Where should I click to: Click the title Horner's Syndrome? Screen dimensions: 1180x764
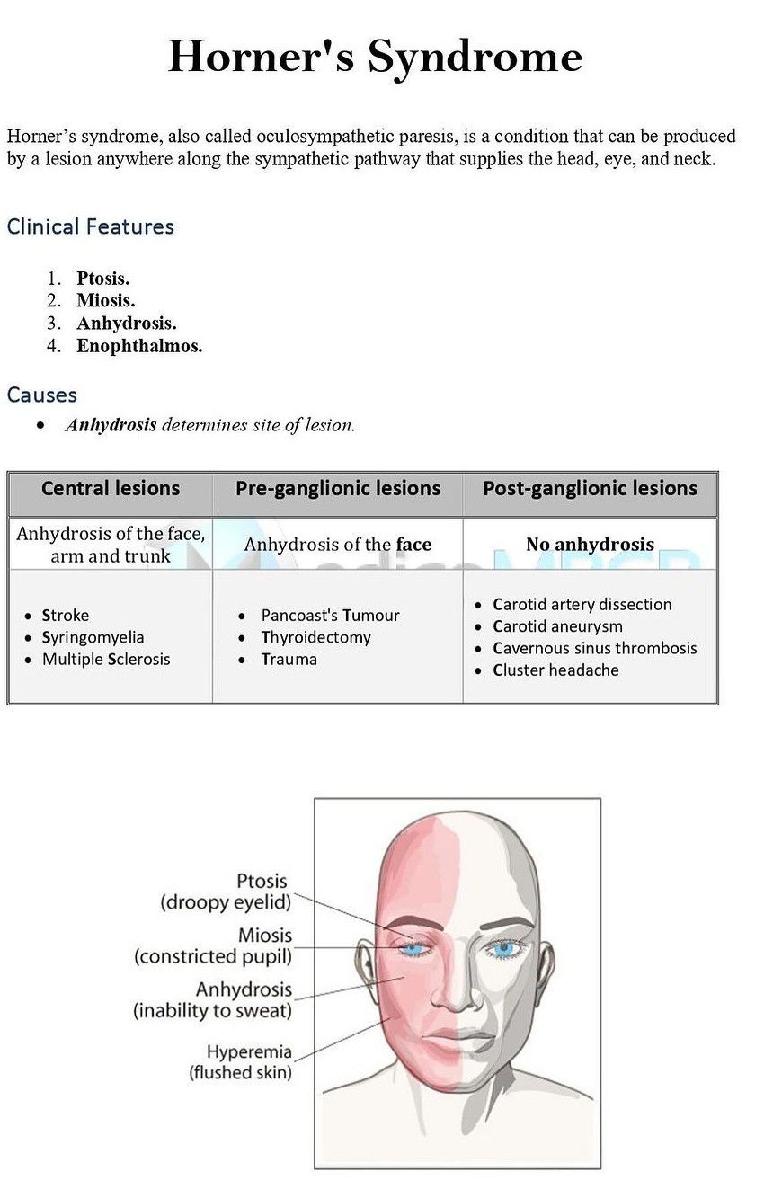coord(375,57)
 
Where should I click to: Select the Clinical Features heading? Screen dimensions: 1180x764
coord(90,226)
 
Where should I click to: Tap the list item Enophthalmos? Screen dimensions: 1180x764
coord(138,346)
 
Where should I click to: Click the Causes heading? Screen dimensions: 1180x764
coord(41,395)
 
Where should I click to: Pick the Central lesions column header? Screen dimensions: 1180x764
coord(111,489)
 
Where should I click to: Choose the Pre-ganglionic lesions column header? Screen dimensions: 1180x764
coord(338,489)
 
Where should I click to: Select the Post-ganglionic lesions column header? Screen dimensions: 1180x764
coord(590,489)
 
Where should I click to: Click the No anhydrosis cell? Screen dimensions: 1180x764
coord(590,545)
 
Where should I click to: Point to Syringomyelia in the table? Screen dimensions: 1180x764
coord(93,637)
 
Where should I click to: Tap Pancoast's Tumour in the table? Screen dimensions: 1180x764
coord(330,616)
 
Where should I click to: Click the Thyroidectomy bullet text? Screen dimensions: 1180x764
coord(315,637)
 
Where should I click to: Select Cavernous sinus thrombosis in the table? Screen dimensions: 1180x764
coord(594,648)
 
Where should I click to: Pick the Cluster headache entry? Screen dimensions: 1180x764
coord(555,670)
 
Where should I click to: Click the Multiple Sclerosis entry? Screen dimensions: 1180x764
coord(106,659)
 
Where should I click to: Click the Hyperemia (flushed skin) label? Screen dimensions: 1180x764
coord(240,1061)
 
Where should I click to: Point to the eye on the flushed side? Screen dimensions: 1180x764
coord(413,947)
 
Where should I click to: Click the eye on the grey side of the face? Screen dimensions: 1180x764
coord(504,947)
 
